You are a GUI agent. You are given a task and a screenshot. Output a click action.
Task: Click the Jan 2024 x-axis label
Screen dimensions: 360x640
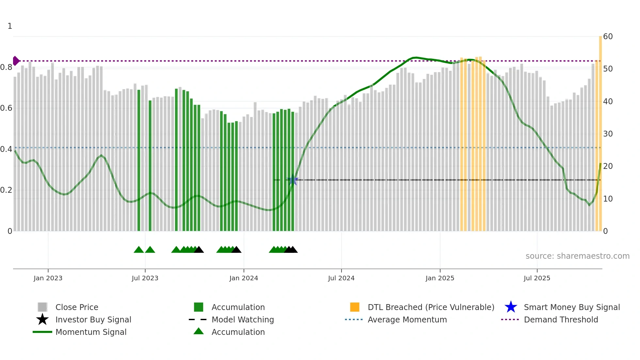tap(244, 278)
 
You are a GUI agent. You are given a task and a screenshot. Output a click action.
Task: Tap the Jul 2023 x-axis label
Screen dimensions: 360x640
tap(145, 278)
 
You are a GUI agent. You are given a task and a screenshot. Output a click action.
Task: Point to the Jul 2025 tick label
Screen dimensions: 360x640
tap(537, 278)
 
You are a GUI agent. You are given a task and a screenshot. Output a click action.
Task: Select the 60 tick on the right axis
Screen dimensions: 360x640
tap(608, 37)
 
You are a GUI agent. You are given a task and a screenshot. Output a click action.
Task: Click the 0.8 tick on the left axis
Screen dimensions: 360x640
tap(6, 67)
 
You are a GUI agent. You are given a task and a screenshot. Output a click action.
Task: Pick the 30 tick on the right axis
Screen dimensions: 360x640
tap(608, 134)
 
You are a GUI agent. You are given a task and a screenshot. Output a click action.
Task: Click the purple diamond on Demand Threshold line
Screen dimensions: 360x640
tap(16, 61)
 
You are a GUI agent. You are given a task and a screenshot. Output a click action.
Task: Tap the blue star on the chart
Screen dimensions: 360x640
tap(293, 180)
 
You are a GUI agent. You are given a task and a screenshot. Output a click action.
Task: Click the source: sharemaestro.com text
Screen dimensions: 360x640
tap(577, 256)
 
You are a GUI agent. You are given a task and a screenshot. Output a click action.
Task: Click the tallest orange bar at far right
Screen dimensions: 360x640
tap(600, 131)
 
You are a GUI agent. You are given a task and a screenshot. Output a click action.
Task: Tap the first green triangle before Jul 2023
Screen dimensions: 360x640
tap(139, 250)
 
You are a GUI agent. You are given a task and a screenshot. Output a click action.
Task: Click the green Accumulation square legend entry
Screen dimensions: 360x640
tap(199, 307)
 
